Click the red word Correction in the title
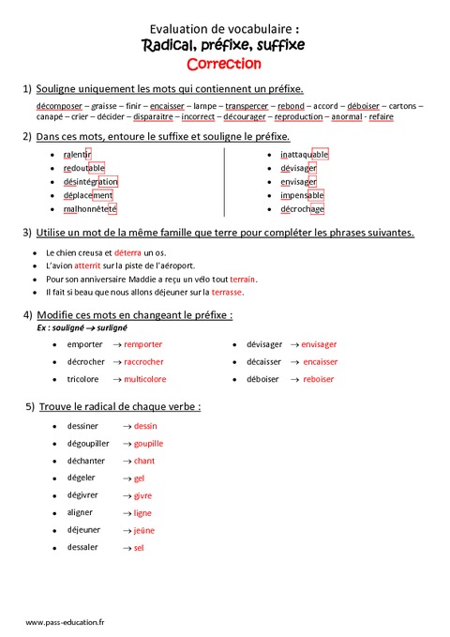tap(224, 64)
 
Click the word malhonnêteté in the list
tap(90, 209)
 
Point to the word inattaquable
tap(305, 154)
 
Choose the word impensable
tap(302, 195)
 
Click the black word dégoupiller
tap(88, 443)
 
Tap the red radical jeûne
tap(143, 530)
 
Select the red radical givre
tap(142, 495)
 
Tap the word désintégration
tap(91, 181)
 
